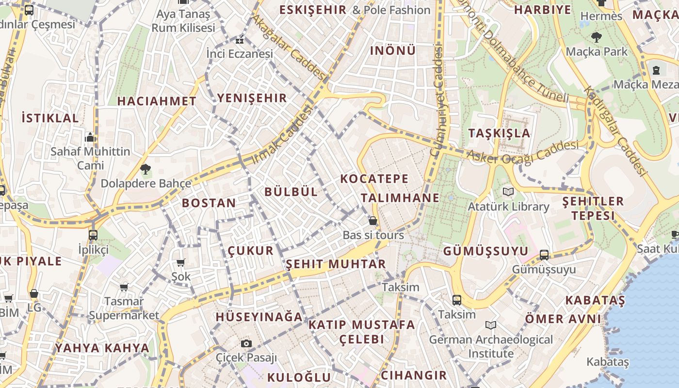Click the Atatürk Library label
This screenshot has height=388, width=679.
pyautogui.click(x=508, y=207)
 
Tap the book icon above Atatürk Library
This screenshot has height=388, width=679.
pyautogui.click(x=508, y=192)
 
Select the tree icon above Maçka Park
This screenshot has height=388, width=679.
pyautogui.click(x=596, y=37)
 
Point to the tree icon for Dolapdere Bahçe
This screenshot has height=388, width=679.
pyautogui.click(x=145, y=169)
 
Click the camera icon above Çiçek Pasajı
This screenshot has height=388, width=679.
pyautogui.click(x=246, y=343)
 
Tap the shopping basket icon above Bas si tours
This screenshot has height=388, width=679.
pyautogui.click(x=373, y=221)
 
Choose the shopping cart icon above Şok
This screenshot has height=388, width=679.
pyautogui.click(x=181, y=262)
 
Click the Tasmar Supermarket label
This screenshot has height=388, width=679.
pyautogui.click(x=124, y=308)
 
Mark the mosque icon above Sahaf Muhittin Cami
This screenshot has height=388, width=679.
pyautogui.click(x=90, y=138)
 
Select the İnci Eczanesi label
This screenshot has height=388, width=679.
pyautogui.click(x=240, y=53)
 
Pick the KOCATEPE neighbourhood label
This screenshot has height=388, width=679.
pyautogui.click(x=374, y=178)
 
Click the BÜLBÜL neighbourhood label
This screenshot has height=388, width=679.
pyautogui.click(x=291, y=192)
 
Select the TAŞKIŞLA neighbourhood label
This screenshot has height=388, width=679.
pyautogui.click(x=499, y=133)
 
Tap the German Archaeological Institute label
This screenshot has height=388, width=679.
pyautogui.click(x=491, y=346)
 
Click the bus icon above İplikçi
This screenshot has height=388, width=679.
pyautogui.click(x=93, y=235)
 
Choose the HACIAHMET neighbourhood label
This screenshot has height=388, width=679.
pyautogui.click(x=157, y=101)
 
